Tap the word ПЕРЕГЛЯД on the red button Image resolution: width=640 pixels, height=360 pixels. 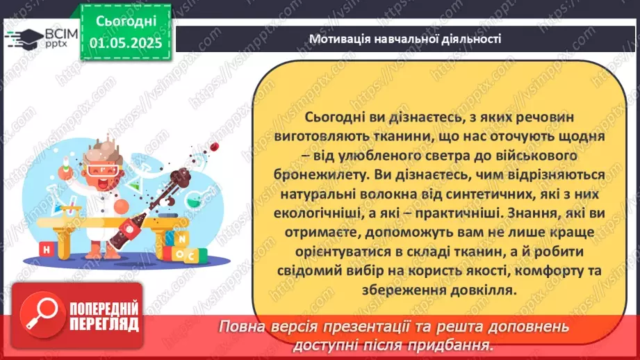[x=104, y=324]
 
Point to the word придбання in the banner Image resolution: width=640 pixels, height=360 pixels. [x=451, y=344]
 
